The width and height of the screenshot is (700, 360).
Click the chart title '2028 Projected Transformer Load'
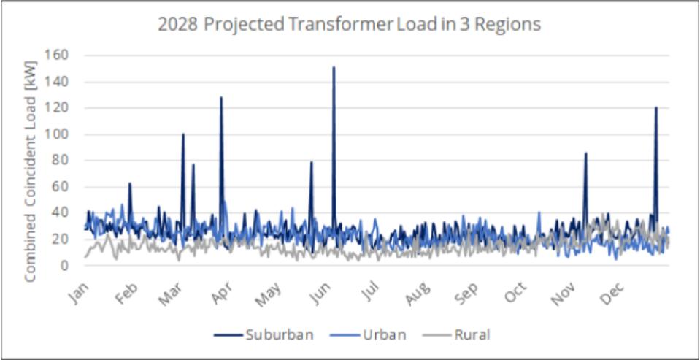point(349,24)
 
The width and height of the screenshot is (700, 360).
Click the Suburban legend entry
point(264,335)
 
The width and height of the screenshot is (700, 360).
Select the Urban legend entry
point(372,335)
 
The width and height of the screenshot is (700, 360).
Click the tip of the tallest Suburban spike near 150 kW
point(334,67)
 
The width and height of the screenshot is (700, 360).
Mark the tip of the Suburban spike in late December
point(656,107)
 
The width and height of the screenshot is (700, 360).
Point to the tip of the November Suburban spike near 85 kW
point(585,153)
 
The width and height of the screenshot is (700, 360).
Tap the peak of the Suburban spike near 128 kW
point(221,97)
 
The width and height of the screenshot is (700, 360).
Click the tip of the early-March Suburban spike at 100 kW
point(183,134)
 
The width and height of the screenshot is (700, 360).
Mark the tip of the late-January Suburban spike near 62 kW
point(129,183)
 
